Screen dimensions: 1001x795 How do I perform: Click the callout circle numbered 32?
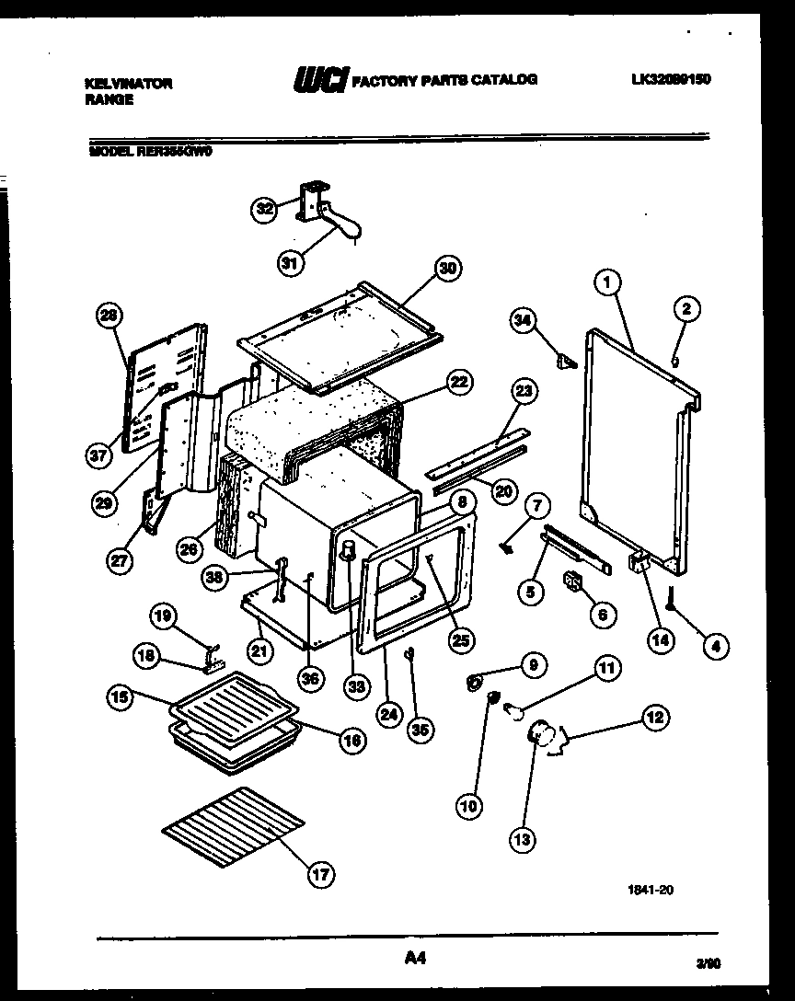pyautogui.click(x=264, y=209)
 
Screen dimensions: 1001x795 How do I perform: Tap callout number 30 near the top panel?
pyautogui.click(x=447, y=269)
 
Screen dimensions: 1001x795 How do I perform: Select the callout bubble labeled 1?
pyautogui.click(x=605, y=284)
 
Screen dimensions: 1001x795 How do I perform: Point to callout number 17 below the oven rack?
pyautogui.click(x=318, y=875)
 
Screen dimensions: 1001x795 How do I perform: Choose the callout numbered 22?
pyautogui.click(x=460, y=381)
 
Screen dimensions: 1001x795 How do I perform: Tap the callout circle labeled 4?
pyautogui.click(x=716, y=646)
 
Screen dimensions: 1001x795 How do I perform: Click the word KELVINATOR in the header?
pyautogui.click(x=128, y=83)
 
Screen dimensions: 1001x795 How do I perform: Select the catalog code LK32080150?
pyautogui.click(x=671, y=79)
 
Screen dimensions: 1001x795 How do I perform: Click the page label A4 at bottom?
pyautogui.click(x=416, y=959)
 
